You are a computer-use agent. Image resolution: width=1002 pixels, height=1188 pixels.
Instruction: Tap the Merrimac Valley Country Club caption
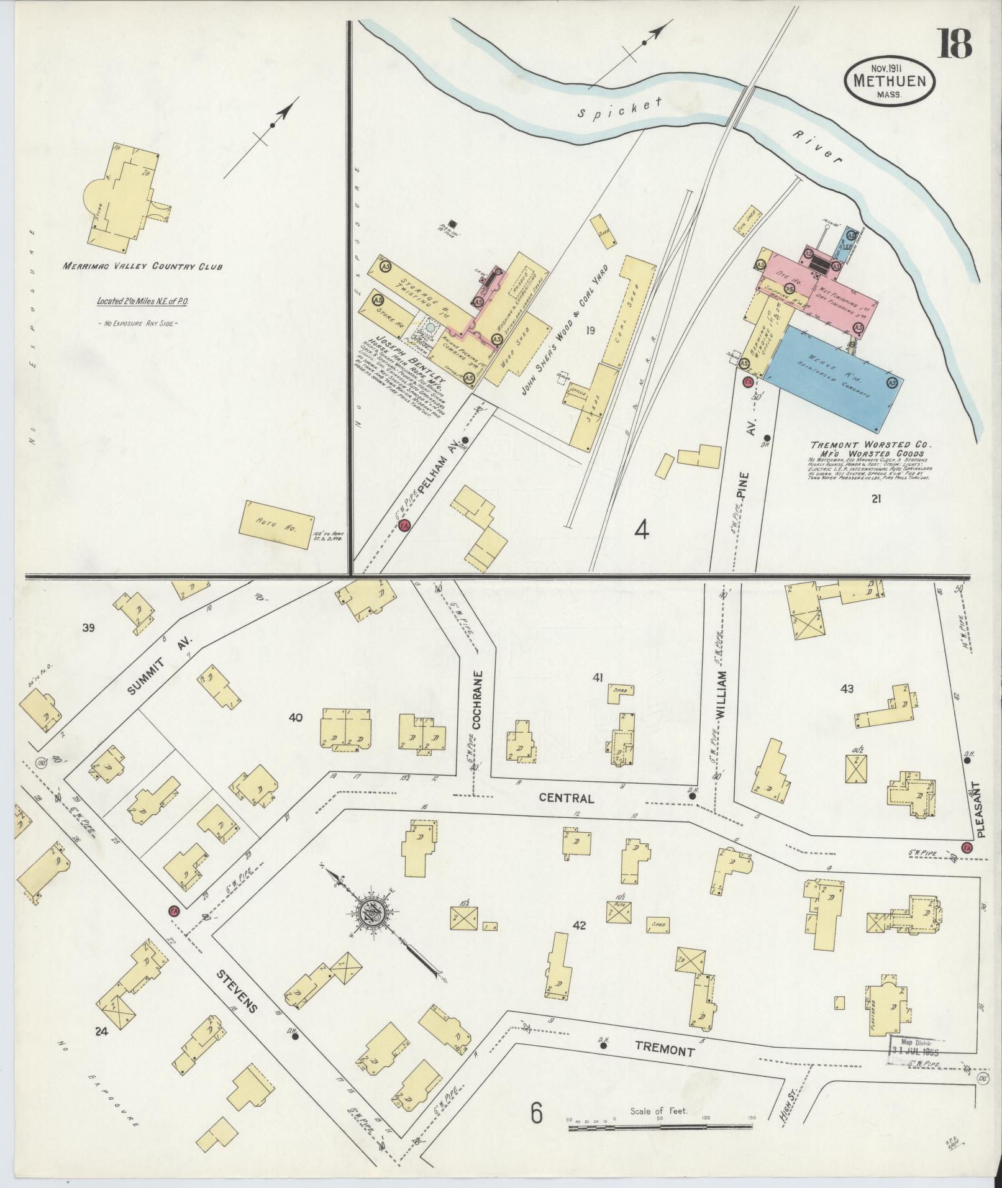pos(142,267)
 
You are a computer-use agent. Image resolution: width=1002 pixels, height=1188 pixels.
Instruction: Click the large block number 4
pos(642,530)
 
